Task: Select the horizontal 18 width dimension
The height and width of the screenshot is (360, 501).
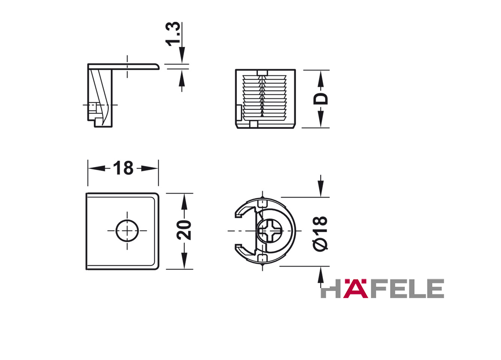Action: pyautogui.click(x=123, y=168)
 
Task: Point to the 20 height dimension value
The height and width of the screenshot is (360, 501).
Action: pyautogui.click(x=184, y=230)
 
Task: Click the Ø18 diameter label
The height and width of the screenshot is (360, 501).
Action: pyautogui.click(x=321, y=233)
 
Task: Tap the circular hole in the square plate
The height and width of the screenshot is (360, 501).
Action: pyautogui.click(x=127, y=231)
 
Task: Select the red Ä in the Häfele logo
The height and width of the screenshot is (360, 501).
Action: pyautogui.click(x=355, y=288)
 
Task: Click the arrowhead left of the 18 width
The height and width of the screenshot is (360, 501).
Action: pyautogui.click(x=97, y=168)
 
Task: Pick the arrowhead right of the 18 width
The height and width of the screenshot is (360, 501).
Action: pyautogui.click(x=149, y=168)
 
